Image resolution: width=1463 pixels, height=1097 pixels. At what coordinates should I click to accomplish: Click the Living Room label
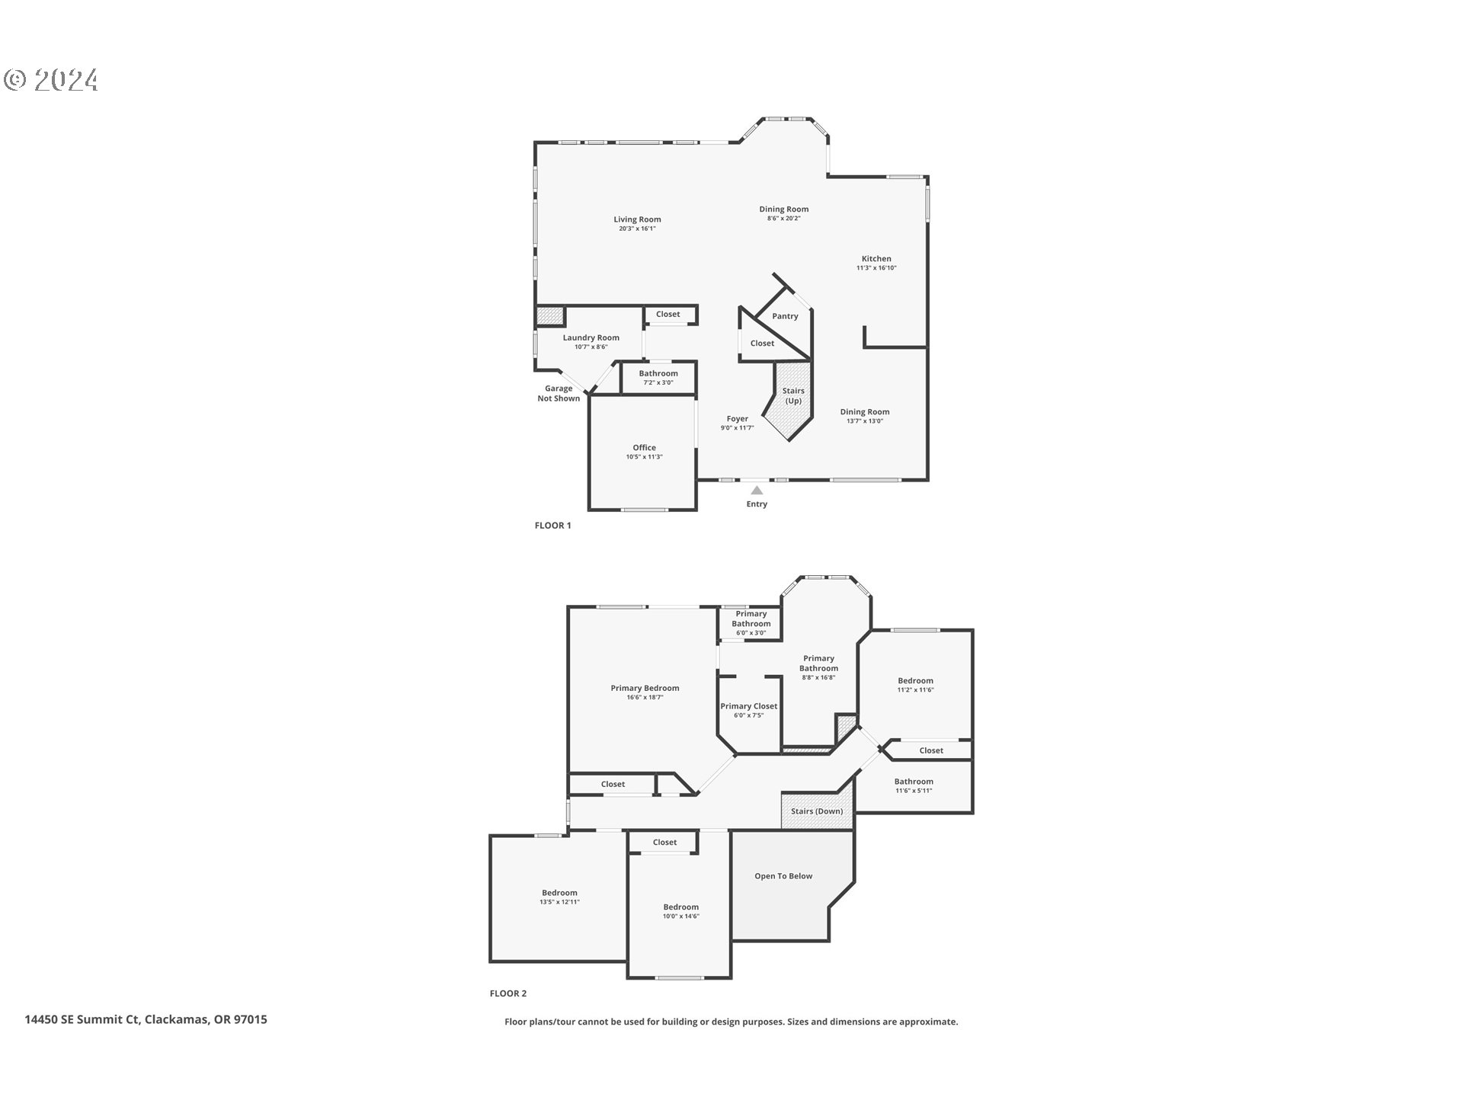tap(637, 219)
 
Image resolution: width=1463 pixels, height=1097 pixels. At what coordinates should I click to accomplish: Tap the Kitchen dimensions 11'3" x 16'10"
tap(876, 268)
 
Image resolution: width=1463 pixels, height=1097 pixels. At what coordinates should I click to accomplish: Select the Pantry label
tap(785, 316)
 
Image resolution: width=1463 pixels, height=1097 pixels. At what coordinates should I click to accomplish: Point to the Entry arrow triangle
tap(757, 491)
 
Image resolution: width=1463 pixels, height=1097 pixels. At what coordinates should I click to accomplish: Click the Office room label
tap(644, 448)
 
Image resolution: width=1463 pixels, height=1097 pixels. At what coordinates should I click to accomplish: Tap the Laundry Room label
tap(591, 337)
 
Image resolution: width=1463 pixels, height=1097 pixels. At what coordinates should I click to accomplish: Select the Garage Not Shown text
tap(559, 394)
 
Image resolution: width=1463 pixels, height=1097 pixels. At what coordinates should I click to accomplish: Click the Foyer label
tap(737, 419)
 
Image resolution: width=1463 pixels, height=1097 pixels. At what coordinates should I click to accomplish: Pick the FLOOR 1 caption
tap(552, 526)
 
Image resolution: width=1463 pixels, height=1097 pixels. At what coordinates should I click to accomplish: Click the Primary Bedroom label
tap(645, 688)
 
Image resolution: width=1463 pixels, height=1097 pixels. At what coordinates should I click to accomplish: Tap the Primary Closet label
tap(748, 706)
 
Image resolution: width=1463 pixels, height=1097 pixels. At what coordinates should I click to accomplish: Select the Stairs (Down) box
tap(817, 811)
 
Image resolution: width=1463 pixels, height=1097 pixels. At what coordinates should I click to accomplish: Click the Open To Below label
tap(783, 876)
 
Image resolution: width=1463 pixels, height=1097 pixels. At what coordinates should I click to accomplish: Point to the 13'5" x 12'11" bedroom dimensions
tap(559, 902)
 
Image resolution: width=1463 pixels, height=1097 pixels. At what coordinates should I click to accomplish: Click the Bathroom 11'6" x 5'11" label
tap(914, 782)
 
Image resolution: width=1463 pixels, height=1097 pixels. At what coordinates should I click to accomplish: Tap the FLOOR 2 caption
tap(507, 993)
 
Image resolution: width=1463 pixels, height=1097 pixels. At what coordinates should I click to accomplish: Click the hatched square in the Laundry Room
tap(549, 316)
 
